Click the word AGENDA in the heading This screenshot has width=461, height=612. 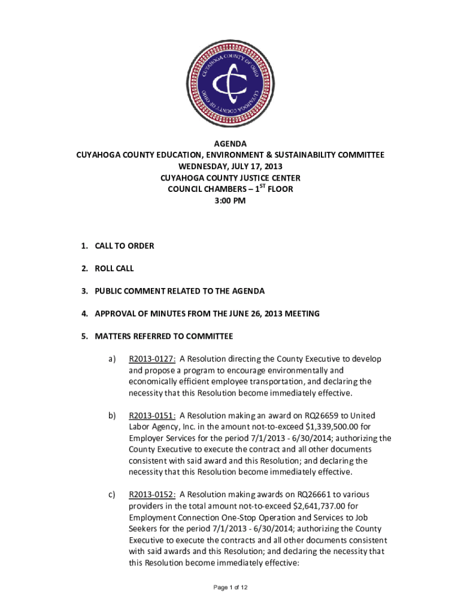[x=230, y=144]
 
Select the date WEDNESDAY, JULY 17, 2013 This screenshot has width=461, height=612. [x=230, y=167]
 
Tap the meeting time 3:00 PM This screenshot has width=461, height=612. [x=230, y=201]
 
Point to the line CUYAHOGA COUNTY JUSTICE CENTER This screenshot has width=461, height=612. [x=230, y=178]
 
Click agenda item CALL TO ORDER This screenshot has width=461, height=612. [x=124, y=246]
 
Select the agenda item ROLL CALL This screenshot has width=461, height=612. [x=114, y=268]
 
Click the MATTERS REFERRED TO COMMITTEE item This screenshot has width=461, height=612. [x=163, y=336]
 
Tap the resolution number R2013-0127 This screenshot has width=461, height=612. [x=152, y=359]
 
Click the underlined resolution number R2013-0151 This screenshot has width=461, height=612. [x=152, y=415]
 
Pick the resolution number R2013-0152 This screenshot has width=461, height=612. [x=152, y=494]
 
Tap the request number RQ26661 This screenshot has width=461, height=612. [x=316, y=494]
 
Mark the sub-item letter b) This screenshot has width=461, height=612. [x=112, y=415]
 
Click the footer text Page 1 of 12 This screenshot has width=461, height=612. [x=230, y=587]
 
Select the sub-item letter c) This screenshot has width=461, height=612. [x=112, y=494]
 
